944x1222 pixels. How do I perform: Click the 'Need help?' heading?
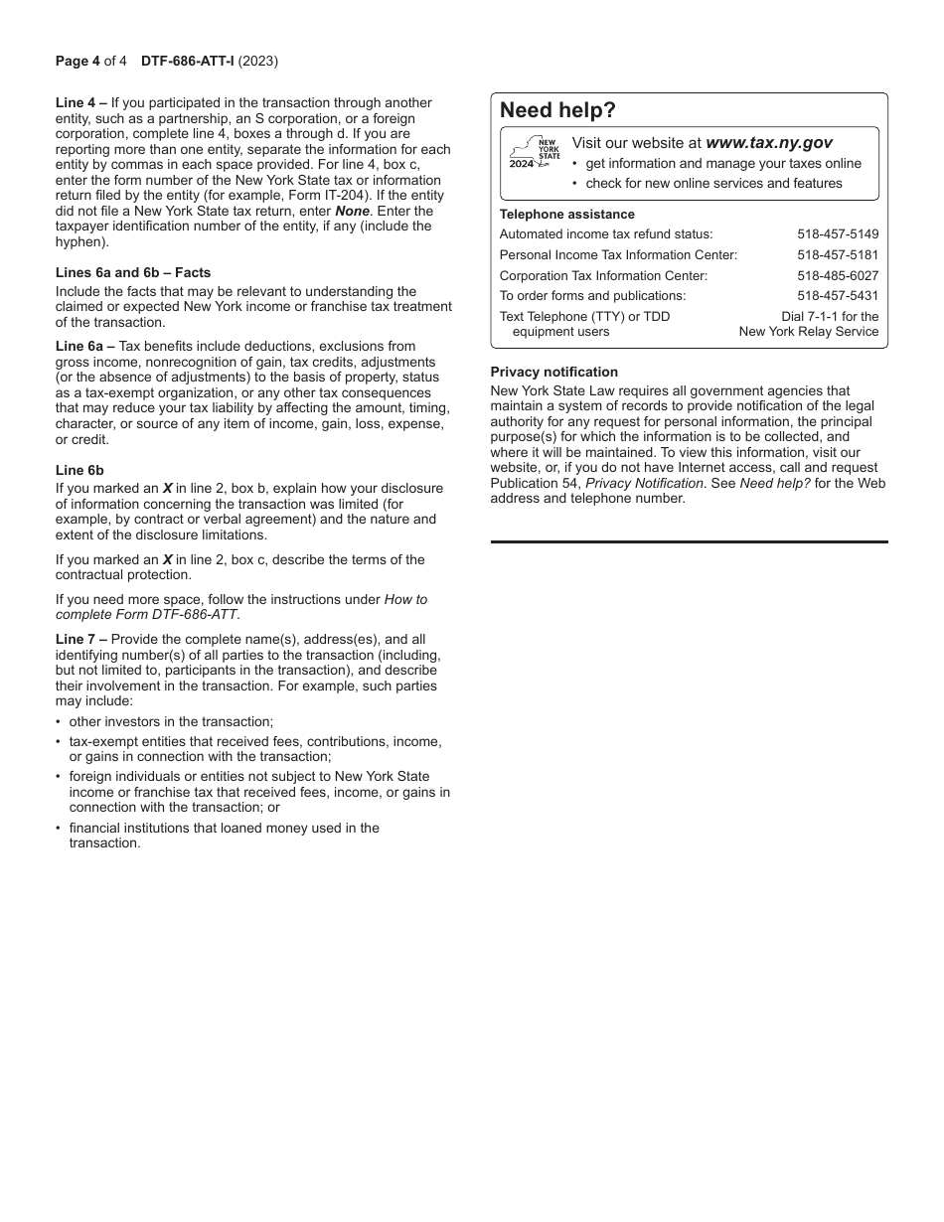click(x=557, y=110)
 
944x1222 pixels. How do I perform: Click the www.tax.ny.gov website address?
click(x=769, y=143)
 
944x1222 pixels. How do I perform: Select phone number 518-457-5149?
click(x=838, y=234)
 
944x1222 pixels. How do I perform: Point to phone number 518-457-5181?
click(x=838, y=255)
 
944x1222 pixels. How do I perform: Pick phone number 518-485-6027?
click(x=838, y=276)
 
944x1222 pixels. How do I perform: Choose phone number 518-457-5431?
click(x=838, y=296)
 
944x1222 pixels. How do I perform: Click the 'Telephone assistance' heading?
click(x=566, y=215)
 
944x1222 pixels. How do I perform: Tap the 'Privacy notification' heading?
click(x=553, y=373)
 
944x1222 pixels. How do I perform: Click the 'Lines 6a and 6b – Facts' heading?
click(x=133, y=272)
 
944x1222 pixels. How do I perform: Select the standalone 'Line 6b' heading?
click(x=79, y=471)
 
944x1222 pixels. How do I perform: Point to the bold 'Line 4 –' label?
click(x=81, y=103)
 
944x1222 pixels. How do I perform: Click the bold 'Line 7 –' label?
click(x=81, y=640)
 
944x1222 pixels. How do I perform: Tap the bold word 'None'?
click(x=352, y=212)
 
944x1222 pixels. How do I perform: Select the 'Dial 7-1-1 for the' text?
click(x=830, y=317)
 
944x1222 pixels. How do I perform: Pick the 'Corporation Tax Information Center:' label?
click(x=603, y=276)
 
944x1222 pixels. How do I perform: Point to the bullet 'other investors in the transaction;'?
click(x=171, y=722)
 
